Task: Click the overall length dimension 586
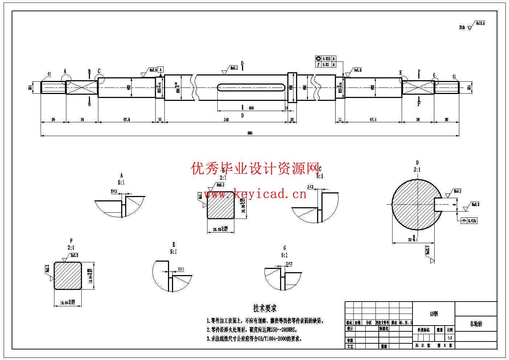pyautogui.click(x=250, y=133)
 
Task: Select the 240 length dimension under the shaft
pyautogui.click(x=226, y=119)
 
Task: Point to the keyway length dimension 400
pyautogui.click(x=251, y=108)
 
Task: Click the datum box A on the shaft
pyautogui.click(x=161, y=69)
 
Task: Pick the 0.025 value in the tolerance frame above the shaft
pyautogui.click(x=327, y=58)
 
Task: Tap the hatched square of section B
pyautogui.click(x=220, y=205)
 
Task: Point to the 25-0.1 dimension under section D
pyautogui.click(x=413, y=240)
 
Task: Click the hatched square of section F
pyautogui.click(x=68, y=276)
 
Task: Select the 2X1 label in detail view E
pyautogui.click(x=181, y=269)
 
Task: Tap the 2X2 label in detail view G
pyautogui.click(x=289, y=264)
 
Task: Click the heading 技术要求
pyautogui.click(x=265, y=308)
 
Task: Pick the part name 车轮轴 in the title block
pyautogui.click(x=476, y=324)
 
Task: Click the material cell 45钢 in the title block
pyautogui.click(x=434, y=314)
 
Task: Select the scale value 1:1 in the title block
pyautogui.click(x=450, y=337)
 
